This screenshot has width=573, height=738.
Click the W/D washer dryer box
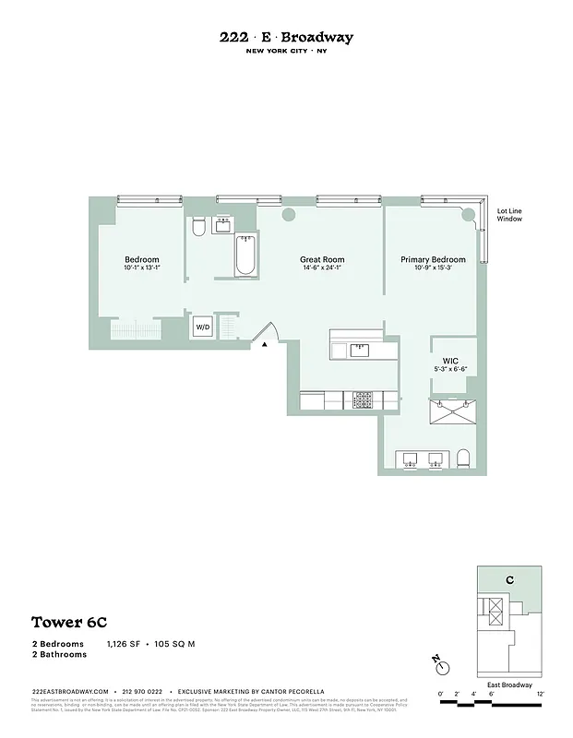point(202,327)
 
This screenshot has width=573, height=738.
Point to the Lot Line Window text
point(509,214)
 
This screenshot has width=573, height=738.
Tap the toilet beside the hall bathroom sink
point(198,227)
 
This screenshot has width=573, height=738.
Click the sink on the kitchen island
point(359,349)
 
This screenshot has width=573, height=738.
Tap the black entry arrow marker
point(265,343)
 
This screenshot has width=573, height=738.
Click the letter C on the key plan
point(508,580)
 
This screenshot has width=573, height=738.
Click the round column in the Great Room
point(288,214)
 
